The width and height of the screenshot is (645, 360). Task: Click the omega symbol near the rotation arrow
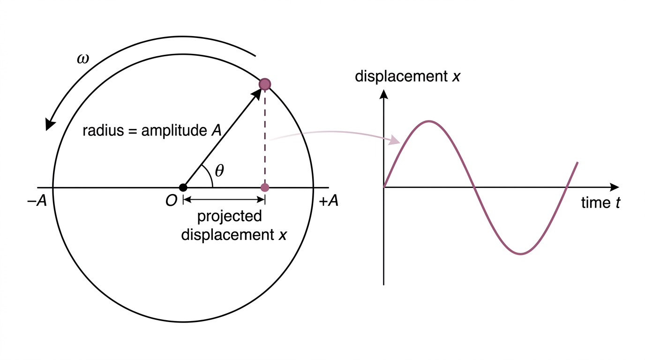click(83, 59)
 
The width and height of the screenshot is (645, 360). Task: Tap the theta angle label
click(219, 171)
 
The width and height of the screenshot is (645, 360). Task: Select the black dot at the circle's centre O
click(183, 187)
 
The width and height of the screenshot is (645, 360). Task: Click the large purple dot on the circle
click(265, 84)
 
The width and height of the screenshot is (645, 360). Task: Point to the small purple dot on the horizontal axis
click(265, 187)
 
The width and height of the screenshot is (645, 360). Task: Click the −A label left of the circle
click(37, 201)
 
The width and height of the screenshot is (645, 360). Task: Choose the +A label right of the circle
click(329, 201)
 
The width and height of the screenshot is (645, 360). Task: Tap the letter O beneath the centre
click(171, 201)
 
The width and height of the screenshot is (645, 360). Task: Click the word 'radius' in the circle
click(104, 130)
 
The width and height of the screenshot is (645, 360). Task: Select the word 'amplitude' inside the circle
click(174, 131)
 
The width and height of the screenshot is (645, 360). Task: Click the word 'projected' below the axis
click(230, 217)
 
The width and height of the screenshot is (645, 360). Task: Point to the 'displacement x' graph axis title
click(407, 76)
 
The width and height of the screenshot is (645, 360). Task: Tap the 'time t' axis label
click(600, 203)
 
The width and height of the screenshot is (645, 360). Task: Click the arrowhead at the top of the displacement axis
click(383, 94)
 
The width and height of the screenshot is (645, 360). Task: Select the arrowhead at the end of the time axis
click(614, 187)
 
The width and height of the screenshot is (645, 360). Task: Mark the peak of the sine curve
click(429, 121)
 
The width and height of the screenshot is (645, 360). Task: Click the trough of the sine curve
click(521, 254)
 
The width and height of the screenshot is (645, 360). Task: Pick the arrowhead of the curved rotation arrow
click(50, 124)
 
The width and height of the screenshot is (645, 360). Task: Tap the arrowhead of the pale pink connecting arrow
click(394, 140)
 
